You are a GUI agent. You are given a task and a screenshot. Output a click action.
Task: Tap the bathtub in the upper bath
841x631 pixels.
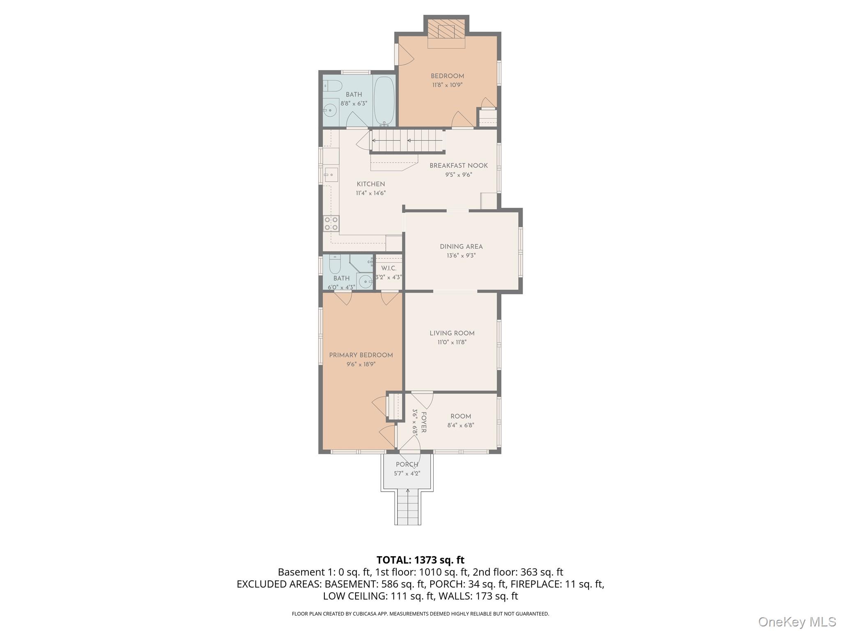pos(384,101)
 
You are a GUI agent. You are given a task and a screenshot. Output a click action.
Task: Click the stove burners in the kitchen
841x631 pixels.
pos(331,223)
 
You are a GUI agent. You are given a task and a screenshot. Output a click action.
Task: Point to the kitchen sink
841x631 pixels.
pos(331,175)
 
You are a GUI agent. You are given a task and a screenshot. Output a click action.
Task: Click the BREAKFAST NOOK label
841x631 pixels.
pos(459,166)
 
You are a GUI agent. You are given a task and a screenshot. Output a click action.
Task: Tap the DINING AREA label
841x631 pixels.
pos(461,246)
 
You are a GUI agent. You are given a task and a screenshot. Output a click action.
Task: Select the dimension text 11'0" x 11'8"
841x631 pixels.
pos(452,342)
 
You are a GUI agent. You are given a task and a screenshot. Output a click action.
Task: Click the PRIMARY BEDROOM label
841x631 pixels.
pos(361,355)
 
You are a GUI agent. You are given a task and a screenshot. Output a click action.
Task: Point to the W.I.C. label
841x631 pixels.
pos(388,268)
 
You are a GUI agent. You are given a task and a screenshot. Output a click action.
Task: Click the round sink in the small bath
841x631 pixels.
pos(364,281)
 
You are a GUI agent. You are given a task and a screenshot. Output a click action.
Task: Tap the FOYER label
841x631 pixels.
pos(424,422)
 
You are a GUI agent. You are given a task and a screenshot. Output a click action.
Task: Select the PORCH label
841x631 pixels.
pos(407,465)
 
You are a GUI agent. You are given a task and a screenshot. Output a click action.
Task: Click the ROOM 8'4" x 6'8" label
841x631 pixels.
pos(460,416)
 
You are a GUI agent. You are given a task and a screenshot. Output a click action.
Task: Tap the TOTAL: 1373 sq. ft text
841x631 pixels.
pos(420,560)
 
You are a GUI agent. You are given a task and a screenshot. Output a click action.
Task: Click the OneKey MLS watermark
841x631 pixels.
pos(797,622)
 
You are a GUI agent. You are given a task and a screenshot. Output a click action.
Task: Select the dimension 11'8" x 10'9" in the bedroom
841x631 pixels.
pos(447,85)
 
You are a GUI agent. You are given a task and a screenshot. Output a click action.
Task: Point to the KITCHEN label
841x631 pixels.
pos(371,184)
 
